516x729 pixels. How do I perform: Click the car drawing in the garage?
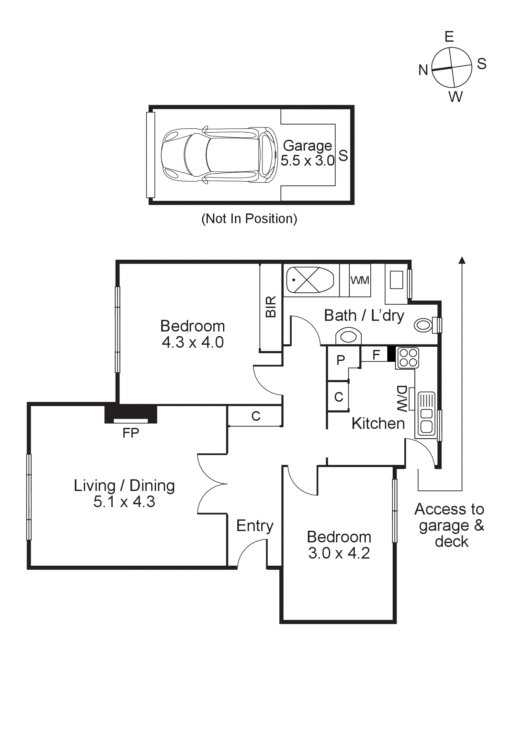point(219,155)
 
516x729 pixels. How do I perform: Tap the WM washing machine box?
point(360,280)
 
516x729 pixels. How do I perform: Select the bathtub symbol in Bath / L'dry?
point(310,280)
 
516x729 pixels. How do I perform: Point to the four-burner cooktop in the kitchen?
point(408,358)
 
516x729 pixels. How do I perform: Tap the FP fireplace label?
point(130,433)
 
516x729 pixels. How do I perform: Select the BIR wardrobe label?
point(271,307)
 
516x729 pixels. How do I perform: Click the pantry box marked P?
point(341,360)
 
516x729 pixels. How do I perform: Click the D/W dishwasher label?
point(402,398)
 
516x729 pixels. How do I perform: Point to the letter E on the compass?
point(449,37)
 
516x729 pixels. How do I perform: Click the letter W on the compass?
point(455,97)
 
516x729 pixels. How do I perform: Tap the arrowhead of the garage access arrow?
point(462,260)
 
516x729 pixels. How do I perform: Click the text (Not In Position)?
point(249,219)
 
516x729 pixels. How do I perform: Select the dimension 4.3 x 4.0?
point(193,343)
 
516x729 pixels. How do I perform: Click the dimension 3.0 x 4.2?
point(339,553)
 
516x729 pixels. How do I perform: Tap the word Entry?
point(255,526)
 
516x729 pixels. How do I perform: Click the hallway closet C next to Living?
point(256,416)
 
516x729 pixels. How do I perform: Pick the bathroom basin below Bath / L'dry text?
point(348,336)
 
